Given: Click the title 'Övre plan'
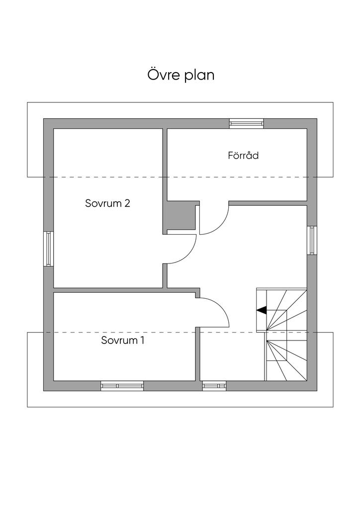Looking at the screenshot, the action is (x=181, y=75).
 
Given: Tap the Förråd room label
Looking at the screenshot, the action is (x=243, y=156).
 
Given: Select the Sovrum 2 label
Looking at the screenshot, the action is (x=107, y=203).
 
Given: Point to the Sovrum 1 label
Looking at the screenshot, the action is (x=122, y=340).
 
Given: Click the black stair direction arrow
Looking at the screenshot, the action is (x=262, y=310).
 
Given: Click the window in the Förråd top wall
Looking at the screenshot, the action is (x=247, y=123).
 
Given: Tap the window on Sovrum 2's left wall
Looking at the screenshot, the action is (x=48, y=249).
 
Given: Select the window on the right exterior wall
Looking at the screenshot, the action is (x=312, y=240).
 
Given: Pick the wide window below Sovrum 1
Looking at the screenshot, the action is (x=122, y=386).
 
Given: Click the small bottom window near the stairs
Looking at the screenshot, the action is (x=214, y=386).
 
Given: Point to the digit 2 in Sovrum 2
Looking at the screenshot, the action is (x=127, y=203).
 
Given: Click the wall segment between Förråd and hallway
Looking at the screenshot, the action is (x=268, y=203).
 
